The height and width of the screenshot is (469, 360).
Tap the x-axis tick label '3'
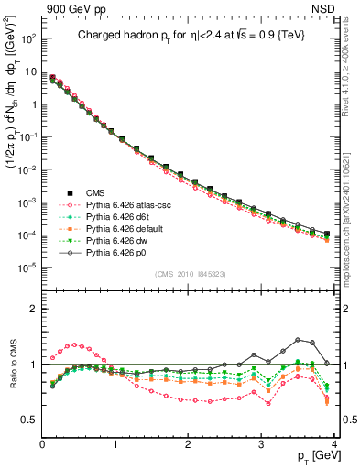[x=262, y=443]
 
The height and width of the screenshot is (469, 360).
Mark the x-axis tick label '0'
[x=42, y=443]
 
